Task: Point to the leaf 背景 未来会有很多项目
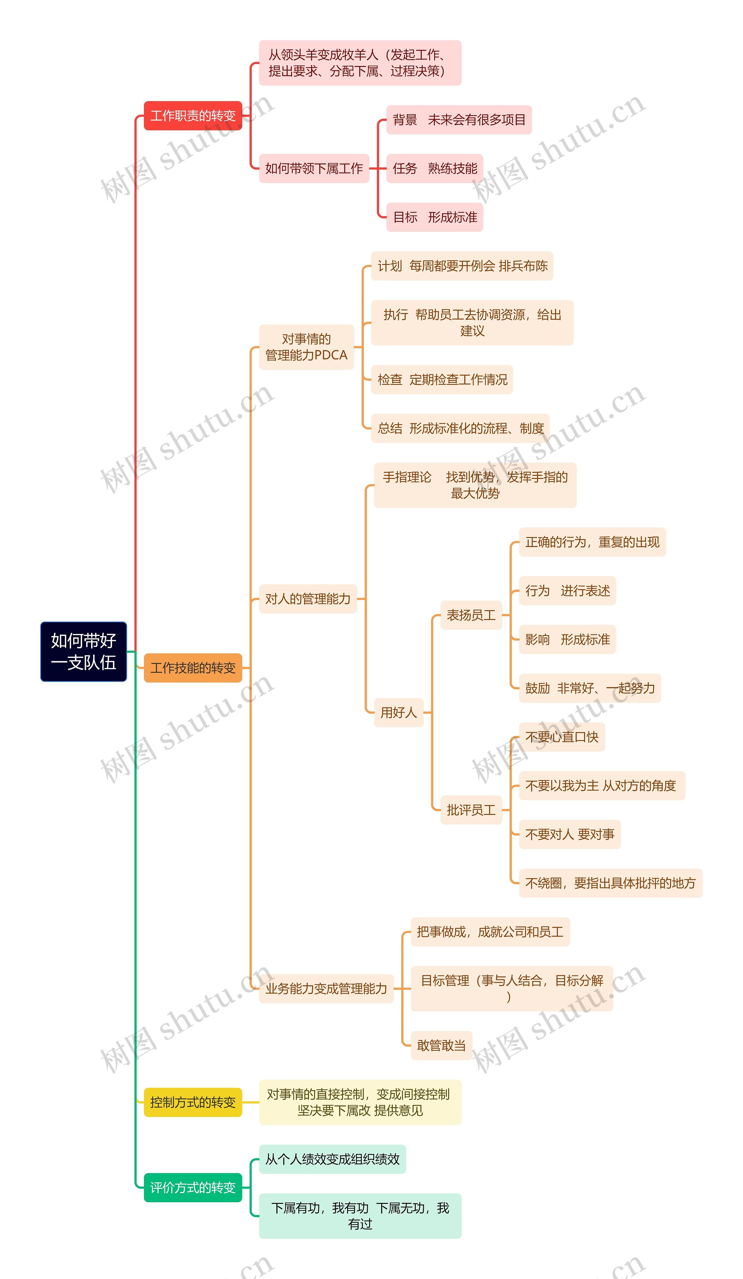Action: [x=459, y=120]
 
